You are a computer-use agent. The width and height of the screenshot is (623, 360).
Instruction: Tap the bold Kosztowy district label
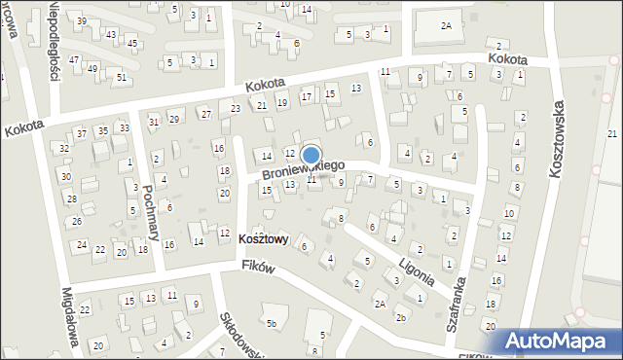(x=263, y=239)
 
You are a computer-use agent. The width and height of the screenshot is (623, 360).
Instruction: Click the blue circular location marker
(x=311, y=155)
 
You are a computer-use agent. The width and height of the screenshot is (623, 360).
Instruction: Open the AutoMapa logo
(x=559, y=341)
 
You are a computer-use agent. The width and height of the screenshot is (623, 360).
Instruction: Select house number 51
(x=121, y=77)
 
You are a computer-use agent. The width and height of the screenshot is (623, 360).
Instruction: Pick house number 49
(x=92, y=68)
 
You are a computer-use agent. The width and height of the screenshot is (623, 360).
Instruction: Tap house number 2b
(x=401, y=317)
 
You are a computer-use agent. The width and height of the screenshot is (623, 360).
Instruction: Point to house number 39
(x=82, y=21)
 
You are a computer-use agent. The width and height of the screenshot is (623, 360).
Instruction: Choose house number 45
(x=131, y=44)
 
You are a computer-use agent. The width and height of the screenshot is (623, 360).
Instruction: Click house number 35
(x=103, y=130)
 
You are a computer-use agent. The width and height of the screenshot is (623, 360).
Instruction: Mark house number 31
(x=154, y=122)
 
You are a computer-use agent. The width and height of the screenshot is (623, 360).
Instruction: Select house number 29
(x=174, y=119)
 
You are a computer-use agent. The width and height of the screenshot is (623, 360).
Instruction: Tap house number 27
(x=205, y=114)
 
